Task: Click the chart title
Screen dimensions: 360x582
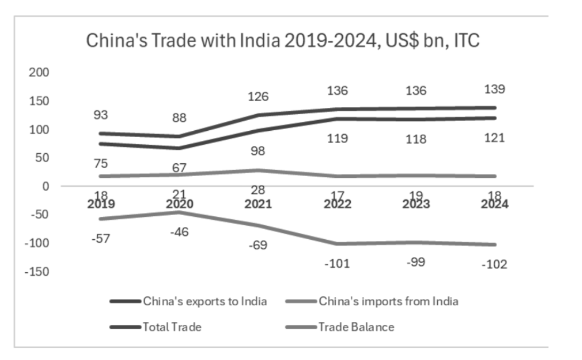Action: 282,41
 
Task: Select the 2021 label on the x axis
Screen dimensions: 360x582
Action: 257,204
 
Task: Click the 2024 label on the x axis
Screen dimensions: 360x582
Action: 495,204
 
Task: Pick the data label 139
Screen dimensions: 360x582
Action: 495,89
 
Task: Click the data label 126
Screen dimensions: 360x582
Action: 258,97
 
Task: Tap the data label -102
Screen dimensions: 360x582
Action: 495,264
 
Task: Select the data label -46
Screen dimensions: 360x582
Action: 179,232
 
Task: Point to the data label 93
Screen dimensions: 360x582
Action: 101,115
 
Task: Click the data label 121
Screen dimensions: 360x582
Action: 495,138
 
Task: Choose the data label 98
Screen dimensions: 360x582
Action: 258,151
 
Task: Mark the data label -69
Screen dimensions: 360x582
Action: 258,246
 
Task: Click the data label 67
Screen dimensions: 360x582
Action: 179,168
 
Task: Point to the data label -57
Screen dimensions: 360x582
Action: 100,239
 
